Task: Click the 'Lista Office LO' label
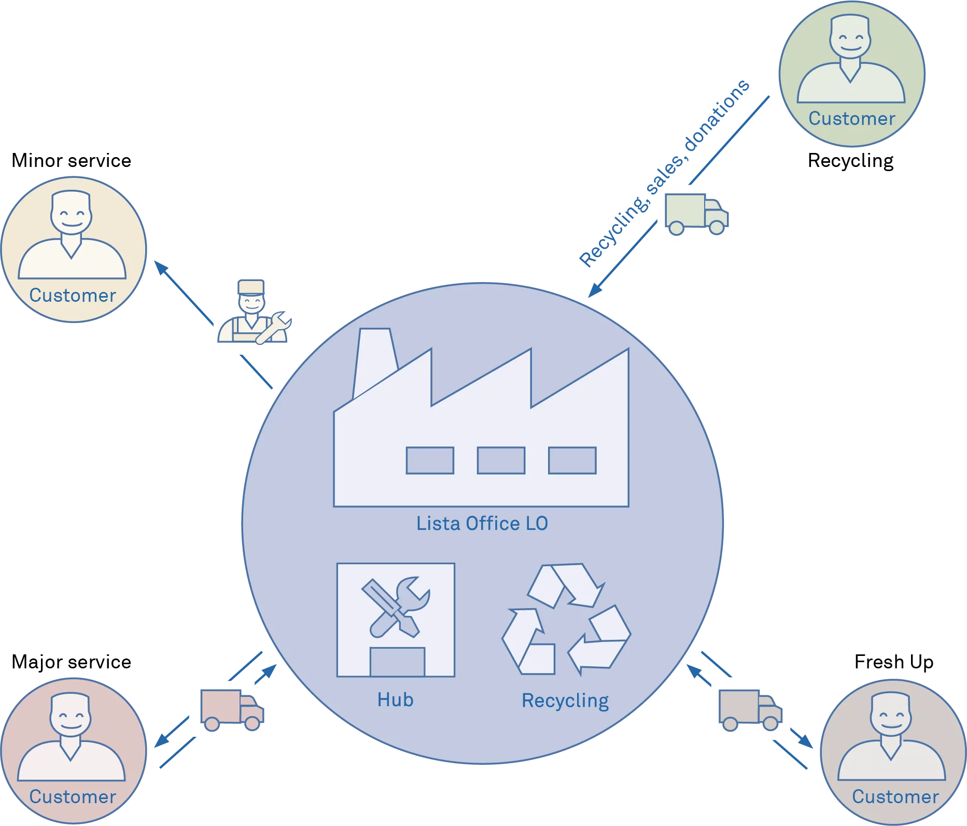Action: tap(482, 524)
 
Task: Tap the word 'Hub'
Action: tap(395, 700)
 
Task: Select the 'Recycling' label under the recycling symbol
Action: tap(565, 701)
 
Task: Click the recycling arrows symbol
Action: tap(566, 619)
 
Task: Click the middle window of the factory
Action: tap(501, 460)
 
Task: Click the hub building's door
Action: tap(397, 662)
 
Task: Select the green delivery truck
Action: tap(695, 213)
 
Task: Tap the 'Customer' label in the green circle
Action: tap(852, 119)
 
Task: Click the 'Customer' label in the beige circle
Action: tap(73, 296)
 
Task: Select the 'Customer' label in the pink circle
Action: tap(73, 797)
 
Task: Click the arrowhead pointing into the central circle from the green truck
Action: tap(595, 289)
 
